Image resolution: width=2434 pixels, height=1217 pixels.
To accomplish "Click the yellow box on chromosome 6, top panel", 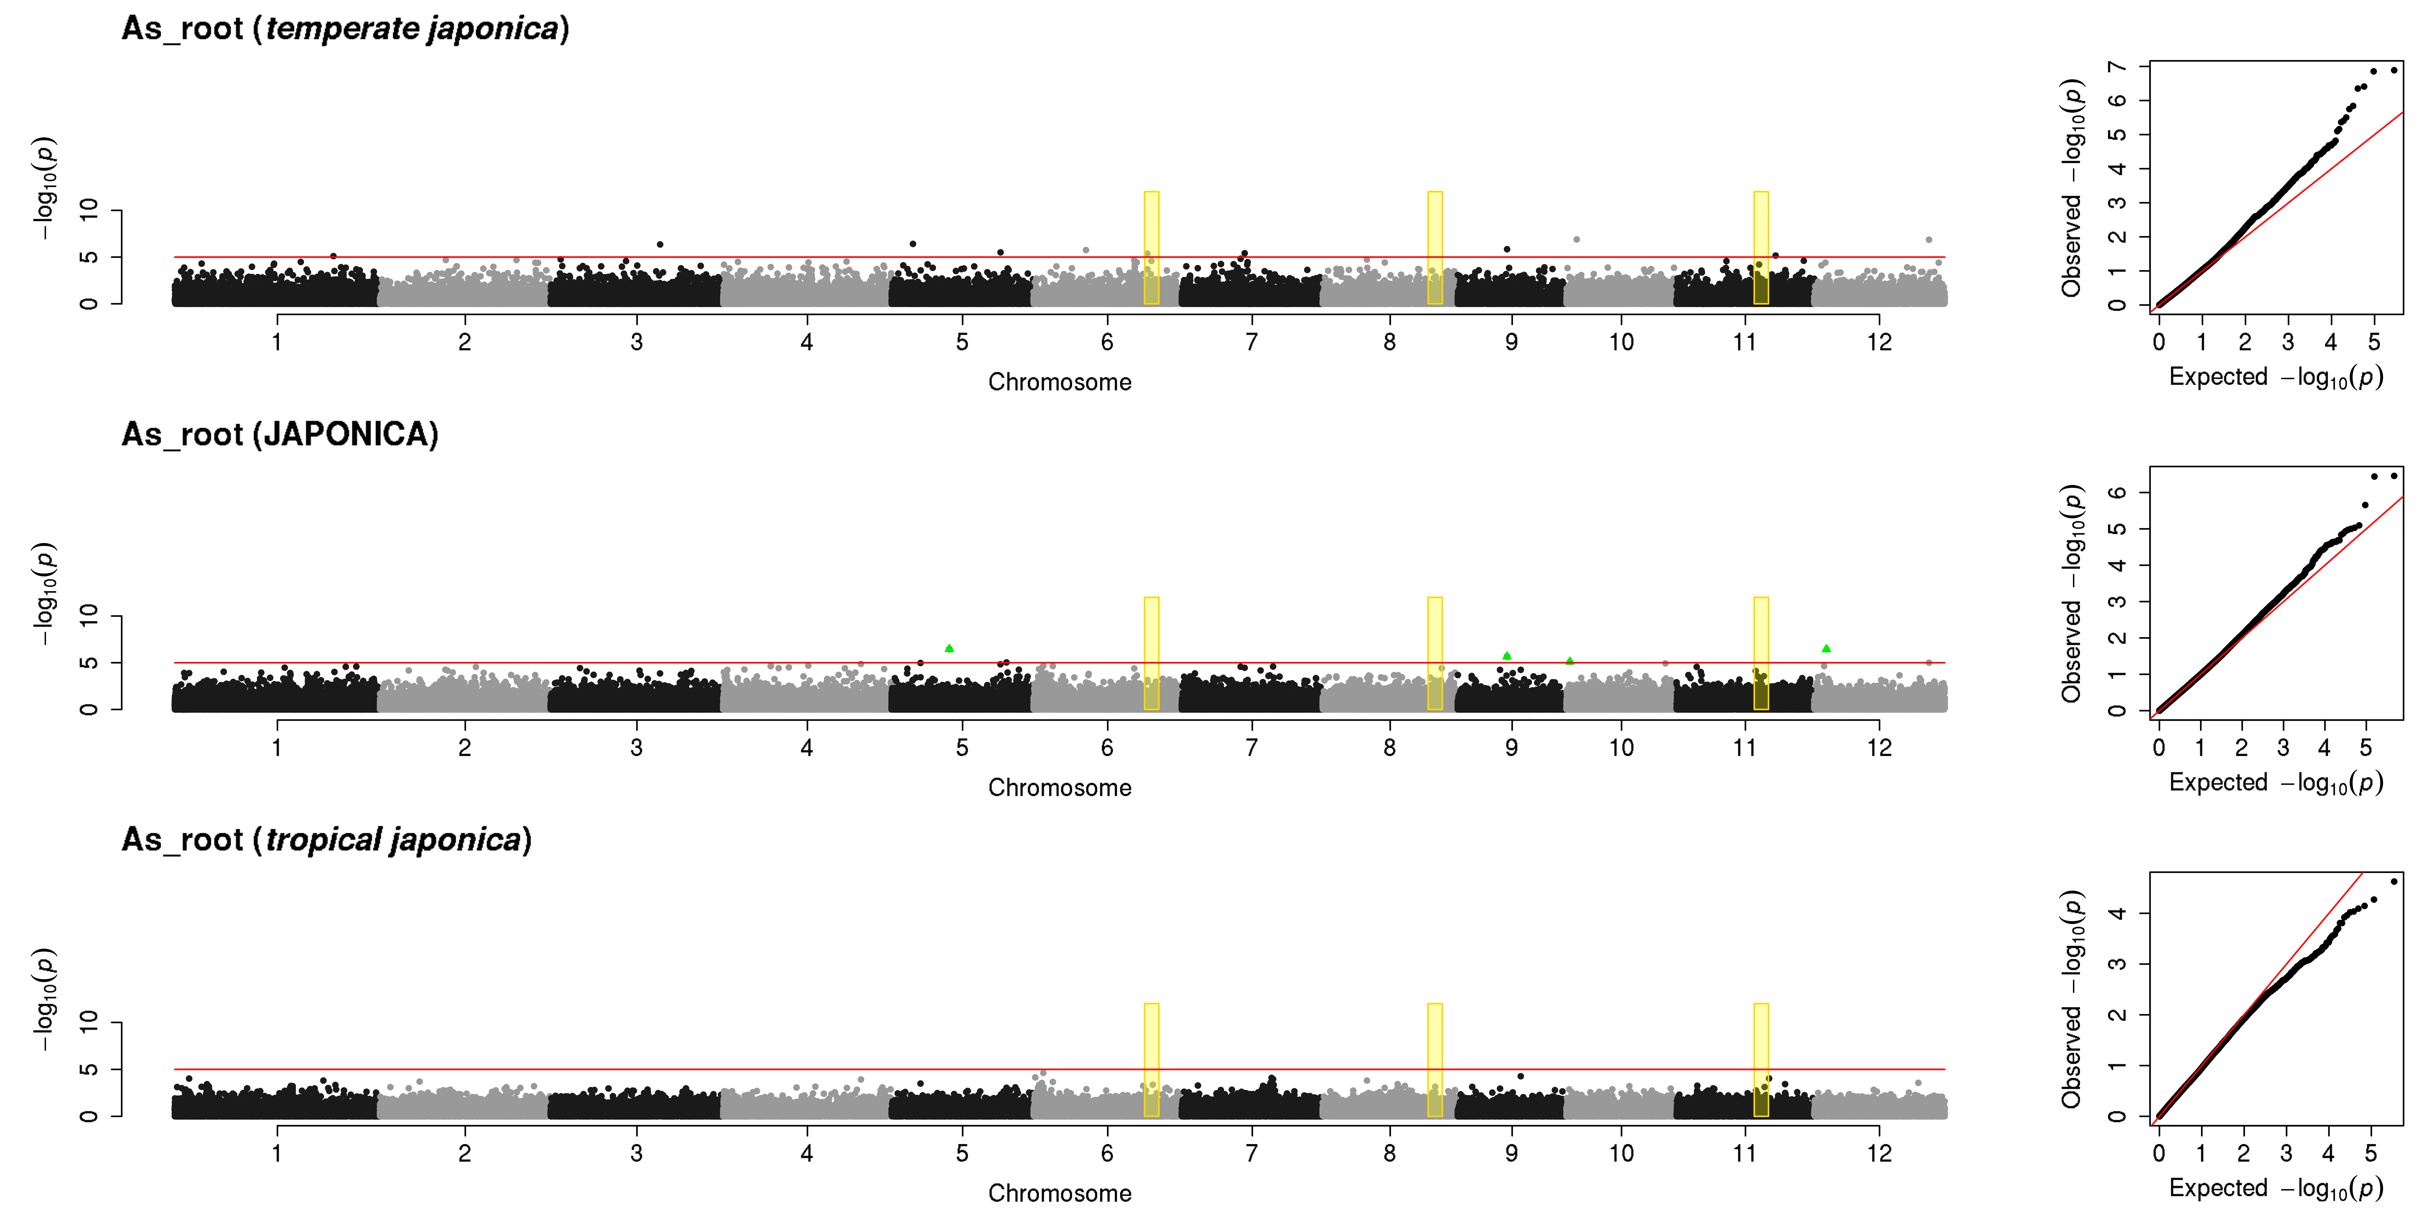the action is pyautogui.click(x=1151, y=247).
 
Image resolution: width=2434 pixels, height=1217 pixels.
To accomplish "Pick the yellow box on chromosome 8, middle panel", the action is pyautogui.click(x=1434, y=653).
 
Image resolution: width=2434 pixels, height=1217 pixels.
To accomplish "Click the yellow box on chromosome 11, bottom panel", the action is pyautogui.click(x=1760, y=1059).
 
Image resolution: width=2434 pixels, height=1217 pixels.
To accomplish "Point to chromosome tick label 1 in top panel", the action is pyautogui.click(x=277, y=342).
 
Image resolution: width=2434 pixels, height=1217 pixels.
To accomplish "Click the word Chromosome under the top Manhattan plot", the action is pyautogui.click(x=1059, y=382).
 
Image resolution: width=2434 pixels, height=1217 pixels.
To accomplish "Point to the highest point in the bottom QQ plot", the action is pyautogui.click(x=2393, y=882).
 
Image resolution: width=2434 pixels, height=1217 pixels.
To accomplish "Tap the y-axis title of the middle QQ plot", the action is pyautogui.click(x=2072, y=593).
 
